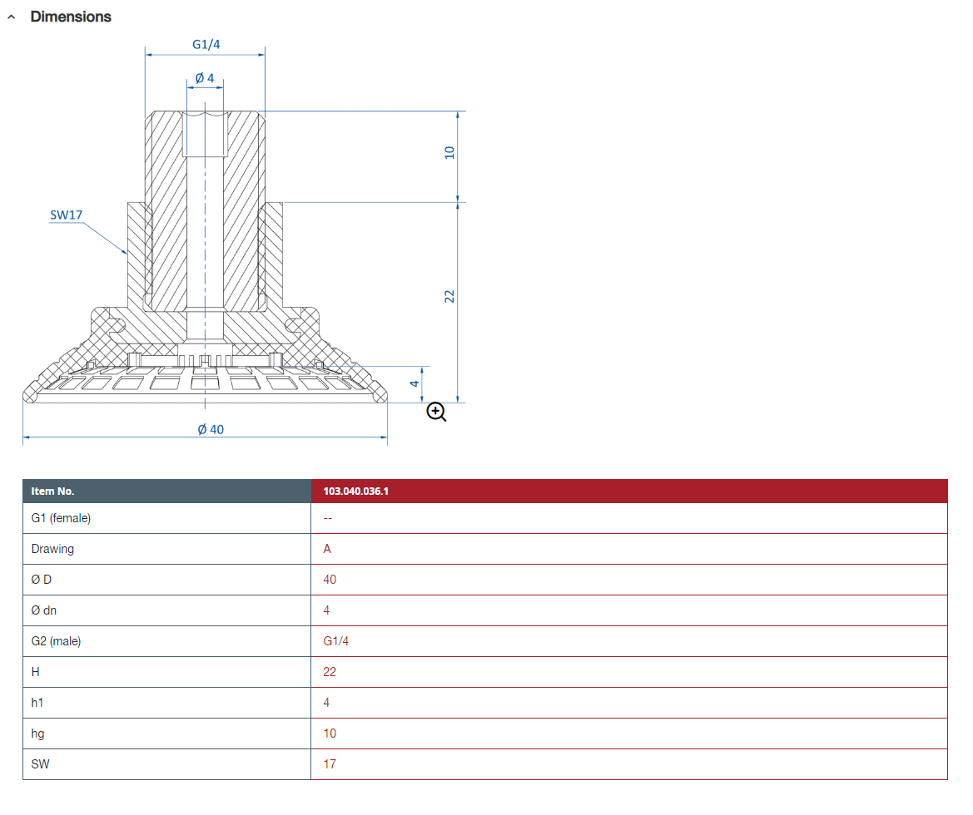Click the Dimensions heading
click(x=71, y=17)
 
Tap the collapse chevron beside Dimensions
click(x=11, y=17)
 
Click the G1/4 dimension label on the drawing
click(x=206, y=44)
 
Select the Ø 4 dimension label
click(x=205, y=78)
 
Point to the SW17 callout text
click(x=66, y=215)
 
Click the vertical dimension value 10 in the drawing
click(x=450, y=152)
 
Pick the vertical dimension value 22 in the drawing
click(x=450, y=296)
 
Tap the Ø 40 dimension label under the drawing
click(x=211, y=429)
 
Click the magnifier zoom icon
click(x=436, y=411)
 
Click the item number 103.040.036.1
click(x=355, y=491)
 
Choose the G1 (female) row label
click(x=61, y=518)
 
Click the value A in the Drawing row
click(x=327, y=549)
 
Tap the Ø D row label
click(x=41, y=580)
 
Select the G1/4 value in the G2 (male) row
click(x=335, y=640)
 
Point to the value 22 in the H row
click(x=330, y=672)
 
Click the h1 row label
click(x=37, y=703)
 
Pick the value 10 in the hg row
click(x=330, y=733)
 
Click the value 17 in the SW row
click(x=330, y=764)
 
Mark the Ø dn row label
click(x=43, y=610)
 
